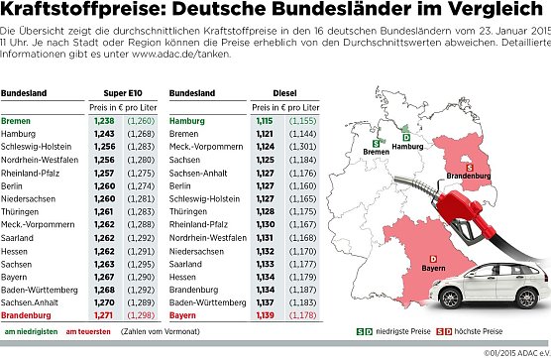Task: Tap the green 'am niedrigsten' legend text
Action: coord(30,330)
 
